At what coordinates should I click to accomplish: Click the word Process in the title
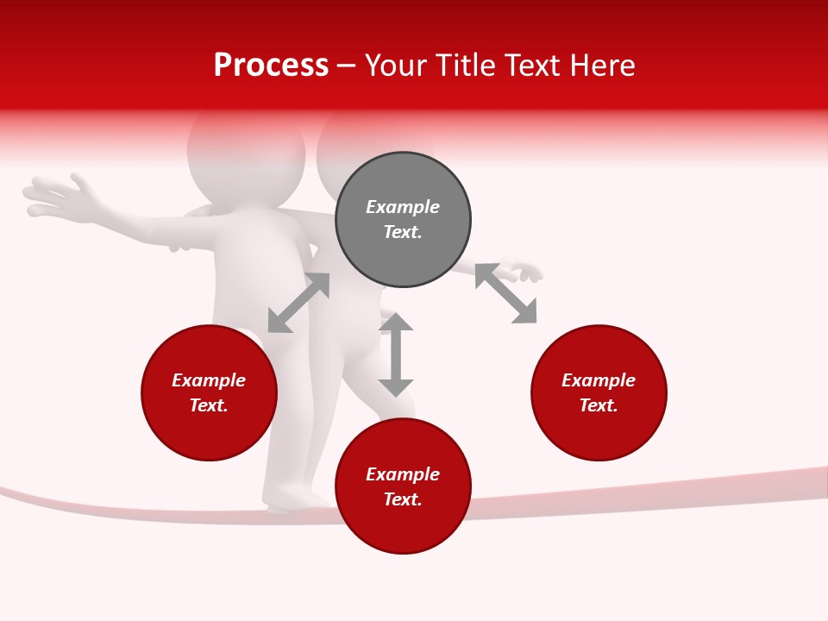coord(271,66)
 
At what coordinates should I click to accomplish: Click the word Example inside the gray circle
coord(403,207)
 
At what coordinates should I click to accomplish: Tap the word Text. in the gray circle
coord(403,232)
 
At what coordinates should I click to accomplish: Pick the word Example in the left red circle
coord(209,380)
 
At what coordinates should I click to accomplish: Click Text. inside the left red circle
coord(209,405)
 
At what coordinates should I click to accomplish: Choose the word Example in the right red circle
coord(599,380)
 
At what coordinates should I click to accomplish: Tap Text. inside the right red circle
coord(599,405)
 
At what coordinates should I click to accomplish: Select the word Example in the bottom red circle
coord(403,474)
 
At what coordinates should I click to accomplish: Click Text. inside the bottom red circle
coord(403,499)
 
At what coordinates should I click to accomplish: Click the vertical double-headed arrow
coord(396,354)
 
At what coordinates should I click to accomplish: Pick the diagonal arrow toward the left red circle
coord(298,303)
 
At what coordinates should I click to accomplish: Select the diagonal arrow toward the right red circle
coord(506,293)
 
